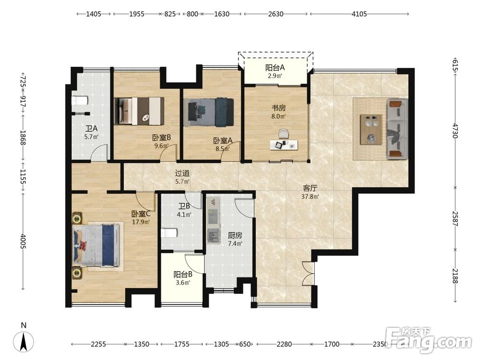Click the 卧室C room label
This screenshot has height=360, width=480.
pos(141,214)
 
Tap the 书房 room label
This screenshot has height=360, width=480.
pos(278,108)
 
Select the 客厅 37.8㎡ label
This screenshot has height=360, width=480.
pos(310,192)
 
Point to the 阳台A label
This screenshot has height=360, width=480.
pos(275,67)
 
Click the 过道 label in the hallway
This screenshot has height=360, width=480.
pos(182,173)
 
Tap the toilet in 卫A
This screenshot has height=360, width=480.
pos(80,101)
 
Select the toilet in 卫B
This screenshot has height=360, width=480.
pos(169,233)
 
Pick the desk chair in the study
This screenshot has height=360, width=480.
pos(284,134)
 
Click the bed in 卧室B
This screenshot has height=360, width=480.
pos(139,111)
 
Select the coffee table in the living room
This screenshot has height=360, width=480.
pos(371,129)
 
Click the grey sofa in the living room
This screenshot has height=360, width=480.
pos(397,129)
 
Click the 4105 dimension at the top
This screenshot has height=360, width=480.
pos(359,14)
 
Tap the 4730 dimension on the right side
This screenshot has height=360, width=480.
pos(455,131)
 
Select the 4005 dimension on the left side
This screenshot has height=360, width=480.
pos(23,241)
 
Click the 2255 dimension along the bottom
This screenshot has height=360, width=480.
pos(98,344)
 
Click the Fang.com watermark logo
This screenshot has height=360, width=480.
pos(429,339)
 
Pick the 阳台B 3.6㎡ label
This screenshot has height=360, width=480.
pos(183,278)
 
